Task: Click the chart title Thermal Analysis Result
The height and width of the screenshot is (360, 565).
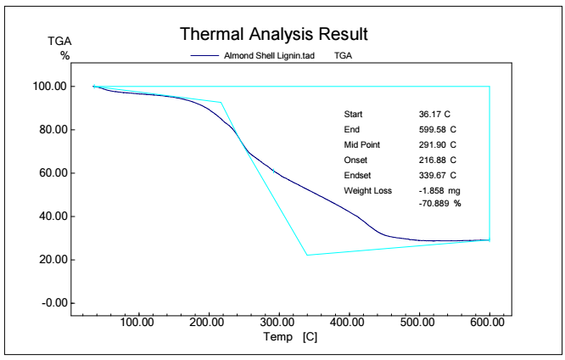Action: click(272, 35)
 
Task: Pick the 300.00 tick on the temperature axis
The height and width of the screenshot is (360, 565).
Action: click(278, 322)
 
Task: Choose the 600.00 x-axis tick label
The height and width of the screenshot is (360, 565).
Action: click(488, 322)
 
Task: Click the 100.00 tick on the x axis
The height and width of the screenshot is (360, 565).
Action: click(137, 322)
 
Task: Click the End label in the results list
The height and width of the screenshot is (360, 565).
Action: click(351, 129)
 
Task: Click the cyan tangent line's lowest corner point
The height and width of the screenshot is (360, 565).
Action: click(307, 255)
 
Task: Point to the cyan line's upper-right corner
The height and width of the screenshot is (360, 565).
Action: click(489, 87)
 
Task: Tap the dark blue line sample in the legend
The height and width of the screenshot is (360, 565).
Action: click(205, 55)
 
